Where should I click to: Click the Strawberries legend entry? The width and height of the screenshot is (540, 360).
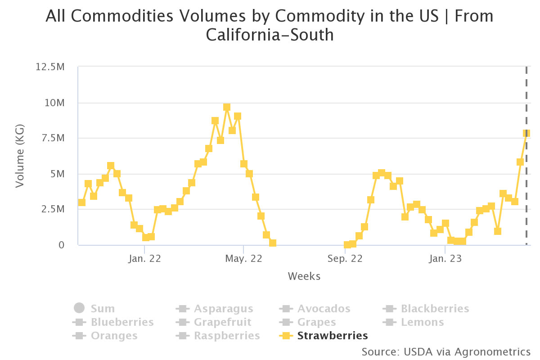pos(323,336)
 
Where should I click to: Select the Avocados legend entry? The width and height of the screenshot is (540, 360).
pos(315,309)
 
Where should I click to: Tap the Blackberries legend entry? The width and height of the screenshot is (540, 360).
pos(426,309)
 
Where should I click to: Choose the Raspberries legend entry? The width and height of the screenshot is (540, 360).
pos(218,336)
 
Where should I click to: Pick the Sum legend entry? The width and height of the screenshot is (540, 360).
pos(94,308)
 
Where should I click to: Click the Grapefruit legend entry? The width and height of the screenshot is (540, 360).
pos(213,322)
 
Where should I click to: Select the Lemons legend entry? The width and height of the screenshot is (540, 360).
pos(413,322)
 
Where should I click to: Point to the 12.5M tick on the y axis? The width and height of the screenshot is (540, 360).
pos(50,67)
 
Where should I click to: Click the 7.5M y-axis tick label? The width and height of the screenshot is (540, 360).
pos(53,138)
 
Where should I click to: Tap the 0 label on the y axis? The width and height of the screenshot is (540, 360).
pos(62,245)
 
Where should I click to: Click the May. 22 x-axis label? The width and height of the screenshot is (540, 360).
pos(243,259)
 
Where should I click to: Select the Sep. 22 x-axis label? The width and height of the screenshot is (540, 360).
pos(345,259)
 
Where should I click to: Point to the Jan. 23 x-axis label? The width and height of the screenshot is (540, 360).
pos(445,259)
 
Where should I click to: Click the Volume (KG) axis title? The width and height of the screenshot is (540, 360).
pos(20,156)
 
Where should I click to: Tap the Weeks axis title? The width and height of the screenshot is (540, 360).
pos(304,276)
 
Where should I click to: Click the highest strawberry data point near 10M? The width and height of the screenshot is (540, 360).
pos(227,107)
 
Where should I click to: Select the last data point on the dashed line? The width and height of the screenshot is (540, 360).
pos(526,133)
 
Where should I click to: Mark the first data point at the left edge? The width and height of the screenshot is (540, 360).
pos(82,202)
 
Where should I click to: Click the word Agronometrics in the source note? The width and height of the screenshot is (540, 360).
pos(492,352)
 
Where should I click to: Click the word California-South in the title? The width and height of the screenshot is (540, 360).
pos(270,35)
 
